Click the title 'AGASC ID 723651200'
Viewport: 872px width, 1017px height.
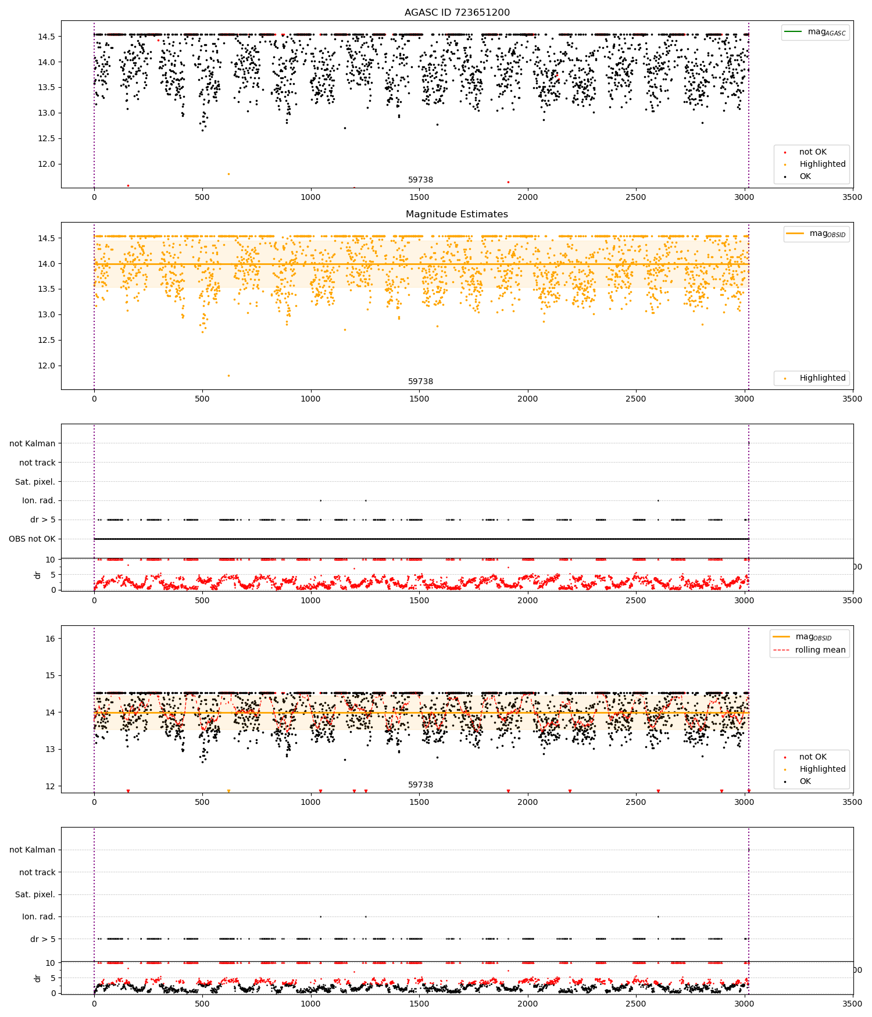tap(457, 12)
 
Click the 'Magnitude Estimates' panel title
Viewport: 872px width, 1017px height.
tap(456, 214)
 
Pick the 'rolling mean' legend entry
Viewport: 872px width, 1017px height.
tap(820, 650)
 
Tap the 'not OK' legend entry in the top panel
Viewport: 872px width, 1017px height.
tap(812, 152)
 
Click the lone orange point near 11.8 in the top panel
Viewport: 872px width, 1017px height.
tap(228, 174)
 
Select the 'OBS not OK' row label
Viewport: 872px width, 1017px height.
tap(32, 539)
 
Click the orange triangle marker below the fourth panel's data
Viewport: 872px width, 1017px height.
tap(228, 791)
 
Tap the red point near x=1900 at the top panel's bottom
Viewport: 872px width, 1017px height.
tap(508, 182)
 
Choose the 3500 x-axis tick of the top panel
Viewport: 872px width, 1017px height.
tap(852, 197)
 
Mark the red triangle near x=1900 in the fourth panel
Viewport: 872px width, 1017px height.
tap(508, 791)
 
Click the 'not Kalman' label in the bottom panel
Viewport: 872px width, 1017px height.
tap(32, 850)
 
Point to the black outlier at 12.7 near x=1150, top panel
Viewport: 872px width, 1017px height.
tap(345, 128)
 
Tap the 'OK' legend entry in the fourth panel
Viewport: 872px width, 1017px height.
tap(805, 781)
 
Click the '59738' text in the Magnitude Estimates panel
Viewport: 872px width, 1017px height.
tap(420, 381)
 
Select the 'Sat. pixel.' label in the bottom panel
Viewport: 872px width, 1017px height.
tap(35, 894)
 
